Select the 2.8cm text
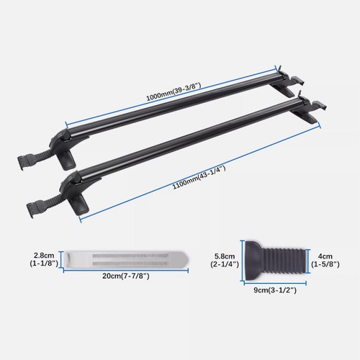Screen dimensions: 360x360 click(42, 254)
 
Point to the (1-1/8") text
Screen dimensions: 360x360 click(42, 265)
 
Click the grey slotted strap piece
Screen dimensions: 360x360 click(126, 259)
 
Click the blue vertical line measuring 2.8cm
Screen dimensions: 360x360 click(62, 259)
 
